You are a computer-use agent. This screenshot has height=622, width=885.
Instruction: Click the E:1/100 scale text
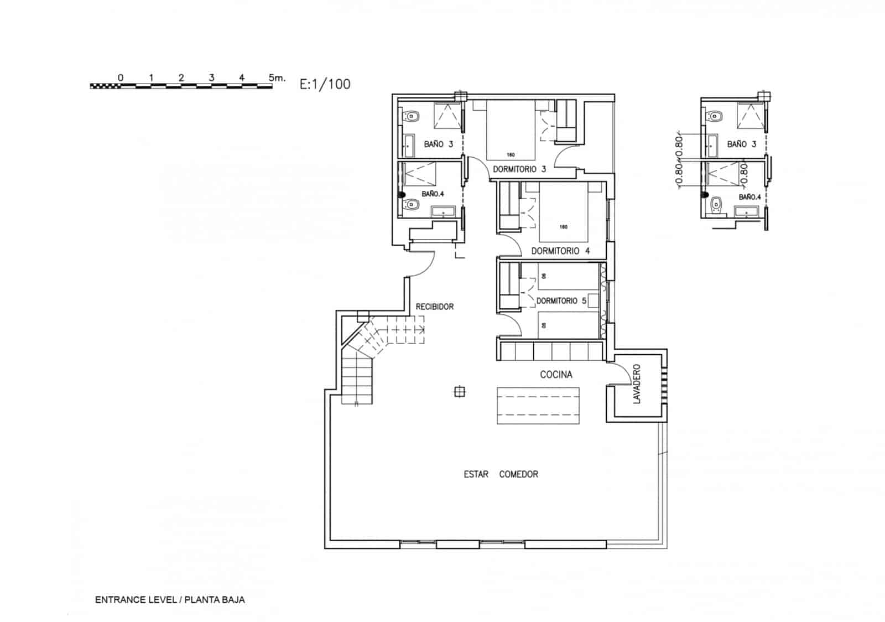(325, 84)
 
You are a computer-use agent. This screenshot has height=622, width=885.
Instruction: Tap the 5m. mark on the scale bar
(277, 77)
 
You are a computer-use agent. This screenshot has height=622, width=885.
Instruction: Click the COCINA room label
(556, 375)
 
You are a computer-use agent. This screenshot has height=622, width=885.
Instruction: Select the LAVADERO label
(636, 383)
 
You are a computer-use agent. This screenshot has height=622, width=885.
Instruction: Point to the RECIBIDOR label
(435, 307)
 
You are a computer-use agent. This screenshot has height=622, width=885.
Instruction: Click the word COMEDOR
(518, 474)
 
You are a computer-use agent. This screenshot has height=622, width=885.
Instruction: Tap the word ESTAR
(476, 474)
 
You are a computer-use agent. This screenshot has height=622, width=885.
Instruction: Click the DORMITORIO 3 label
(519, 169)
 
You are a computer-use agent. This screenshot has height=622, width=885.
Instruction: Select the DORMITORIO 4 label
(560, 251)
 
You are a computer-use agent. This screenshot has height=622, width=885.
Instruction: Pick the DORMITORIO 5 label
(561, 300)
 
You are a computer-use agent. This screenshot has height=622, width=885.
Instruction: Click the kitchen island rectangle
(538, 406)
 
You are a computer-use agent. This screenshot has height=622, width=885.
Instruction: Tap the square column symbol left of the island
(459, 392)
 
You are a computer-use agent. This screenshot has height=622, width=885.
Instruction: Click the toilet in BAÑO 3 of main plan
(412, 116)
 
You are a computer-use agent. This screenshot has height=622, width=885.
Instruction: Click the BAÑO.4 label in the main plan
(433, 194)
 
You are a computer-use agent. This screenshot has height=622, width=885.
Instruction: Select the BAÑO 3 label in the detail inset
(741, 144)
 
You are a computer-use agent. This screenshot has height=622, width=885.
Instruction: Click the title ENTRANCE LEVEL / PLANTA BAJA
(170, 599)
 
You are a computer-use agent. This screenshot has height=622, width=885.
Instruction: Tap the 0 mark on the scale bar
(121, 77)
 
